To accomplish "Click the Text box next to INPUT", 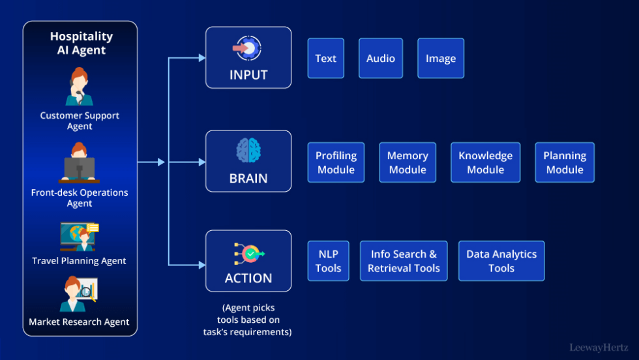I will pos(325,59).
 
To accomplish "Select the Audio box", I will pos(380,59).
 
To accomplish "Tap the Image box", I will pos(441,59).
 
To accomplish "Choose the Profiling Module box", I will pos(336,162).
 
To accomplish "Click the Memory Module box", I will pos(408,162).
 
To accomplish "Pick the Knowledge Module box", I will pos(485,162).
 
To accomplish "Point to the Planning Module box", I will pos(565,162).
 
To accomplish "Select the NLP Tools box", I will pos(328,261).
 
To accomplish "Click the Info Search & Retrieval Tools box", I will pos(404,261).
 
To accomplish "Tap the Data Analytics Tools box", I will pos(501,261).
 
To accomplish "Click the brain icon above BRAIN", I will pos(248,151).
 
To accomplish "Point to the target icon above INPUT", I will pos(248,49).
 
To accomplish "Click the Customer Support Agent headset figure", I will pos(80,87).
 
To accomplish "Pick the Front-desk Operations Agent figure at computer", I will pos(80,164).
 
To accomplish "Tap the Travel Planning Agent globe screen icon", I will pos(79,237).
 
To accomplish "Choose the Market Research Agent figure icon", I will pos(78,295).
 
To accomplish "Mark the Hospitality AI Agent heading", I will pos(81,43).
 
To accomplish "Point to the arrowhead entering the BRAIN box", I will pos(201,162).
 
